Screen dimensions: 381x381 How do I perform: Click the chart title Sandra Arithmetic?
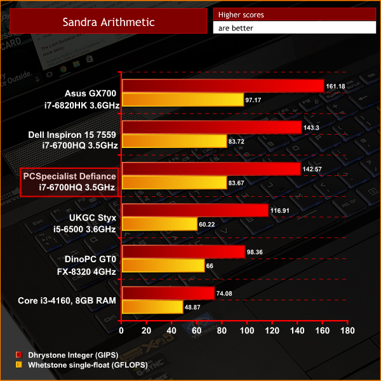pyautogui.click(x=108, y=22)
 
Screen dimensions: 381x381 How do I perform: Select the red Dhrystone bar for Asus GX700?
pyautogui.click(x=223, y=86)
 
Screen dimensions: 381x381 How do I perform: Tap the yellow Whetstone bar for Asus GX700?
pyautogui.click(x=183, y=100)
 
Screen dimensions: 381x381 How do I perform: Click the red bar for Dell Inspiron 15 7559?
pyautogui.click(x=211, y=128)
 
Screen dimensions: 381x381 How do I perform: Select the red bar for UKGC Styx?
pyautogui.click(x=195, y=210)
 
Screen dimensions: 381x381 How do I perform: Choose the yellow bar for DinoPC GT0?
pyautogui.click(x=163, y=265)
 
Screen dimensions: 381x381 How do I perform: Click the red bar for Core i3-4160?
pyautogui.click(x=168, y=293)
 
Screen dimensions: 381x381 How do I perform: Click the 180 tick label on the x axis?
pyautogui.click(x=347, y=331)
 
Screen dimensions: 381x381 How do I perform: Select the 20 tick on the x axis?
pyautogui.click(x=147, y=331)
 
